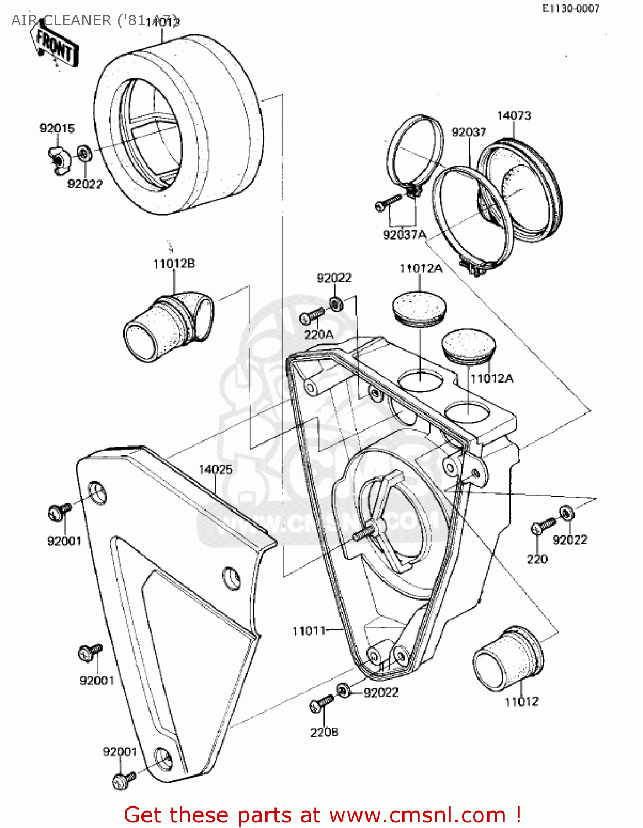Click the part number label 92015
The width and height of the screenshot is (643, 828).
pos(57,129)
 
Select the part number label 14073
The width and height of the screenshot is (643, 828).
pos(514,115)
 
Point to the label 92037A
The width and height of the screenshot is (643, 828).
pos(405,235)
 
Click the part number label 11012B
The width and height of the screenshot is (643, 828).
pos(174,264)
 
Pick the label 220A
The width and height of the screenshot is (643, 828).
pos(318,335)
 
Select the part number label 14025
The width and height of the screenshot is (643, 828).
pos(215,469)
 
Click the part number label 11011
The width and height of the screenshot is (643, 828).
pos(309,630)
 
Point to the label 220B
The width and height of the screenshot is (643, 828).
pos(324,732)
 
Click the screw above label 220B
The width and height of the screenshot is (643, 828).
pos(321,704)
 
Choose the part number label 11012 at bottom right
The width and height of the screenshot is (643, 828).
pos(522,701)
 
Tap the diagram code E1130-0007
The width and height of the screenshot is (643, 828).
pos(570,8)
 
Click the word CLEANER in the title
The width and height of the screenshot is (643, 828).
pos(77,20)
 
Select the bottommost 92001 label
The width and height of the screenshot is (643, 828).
pos(120,752)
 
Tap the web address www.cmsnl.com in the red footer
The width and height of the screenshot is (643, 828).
pos(417,815)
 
